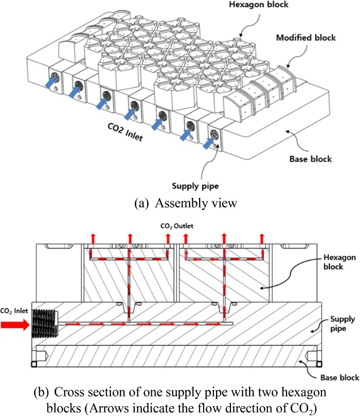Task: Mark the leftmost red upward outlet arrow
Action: pos(93,237)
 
